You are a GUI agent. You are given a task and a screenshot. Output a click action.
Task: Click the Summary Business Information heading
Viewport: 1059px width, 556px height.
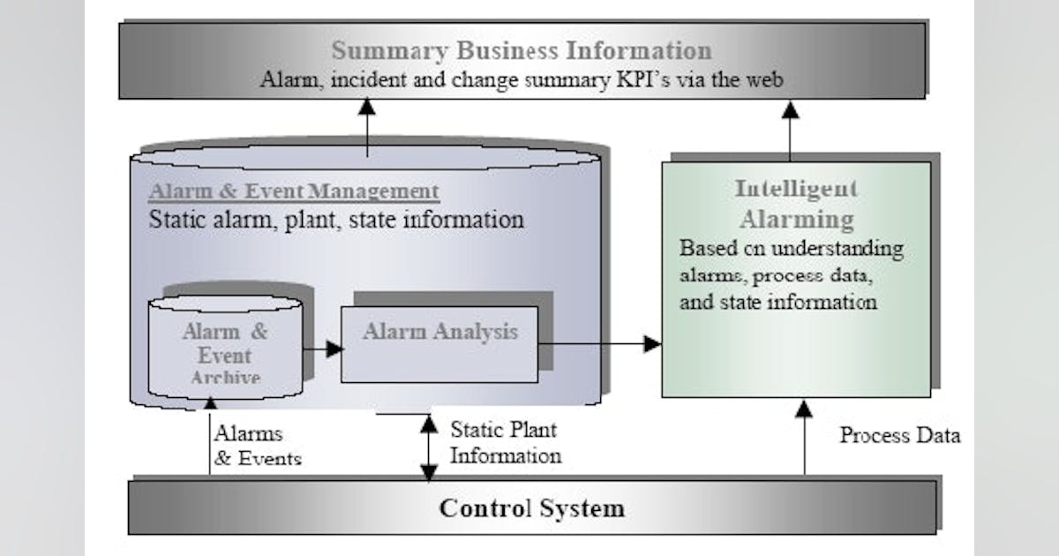coord(522,50)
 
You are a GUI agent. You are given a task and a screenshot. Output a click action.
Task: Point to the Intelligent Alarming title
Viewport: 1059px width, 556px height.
coord(795,203)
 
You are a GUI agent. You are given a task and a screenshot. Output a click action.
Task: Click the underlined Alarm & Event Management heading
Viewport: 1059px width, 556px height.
coord(293,191)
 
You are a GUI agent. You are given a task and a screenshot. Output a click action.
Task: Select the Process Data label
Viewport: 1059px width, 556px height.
coord(899,435)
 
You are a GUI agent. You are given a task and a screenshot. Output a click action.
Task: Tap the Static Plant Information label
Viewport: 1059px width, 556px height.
coord(505,443)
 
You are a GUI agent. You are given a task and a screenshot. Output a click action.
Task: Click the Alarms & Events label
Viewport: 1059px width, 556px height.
coord(257,446)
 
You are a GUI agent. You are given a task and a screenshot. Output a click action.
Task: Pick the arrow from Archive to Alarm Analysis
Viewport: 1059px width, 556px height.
coord(322,349)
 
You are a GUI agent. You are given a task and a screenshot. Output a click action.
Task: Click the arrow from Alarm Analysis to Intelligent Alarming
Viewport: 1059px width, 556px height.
coord(600,343)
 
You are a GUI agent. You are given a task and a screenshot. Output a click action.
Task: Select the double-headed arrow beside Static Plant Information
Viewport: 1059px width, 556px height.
coord(429,447)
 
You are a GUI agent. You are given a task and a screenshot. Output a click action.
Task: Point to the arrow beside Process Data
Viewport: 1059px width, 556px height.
coord(803,437)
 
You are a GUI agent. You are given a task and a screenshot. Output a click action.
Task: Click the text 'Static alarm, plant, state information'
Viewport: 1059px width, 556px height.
coord(335,219)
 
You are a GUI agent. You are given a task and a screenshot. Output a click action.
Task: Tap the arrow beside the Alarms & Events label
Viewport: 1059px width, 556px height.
coord(210,437)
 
